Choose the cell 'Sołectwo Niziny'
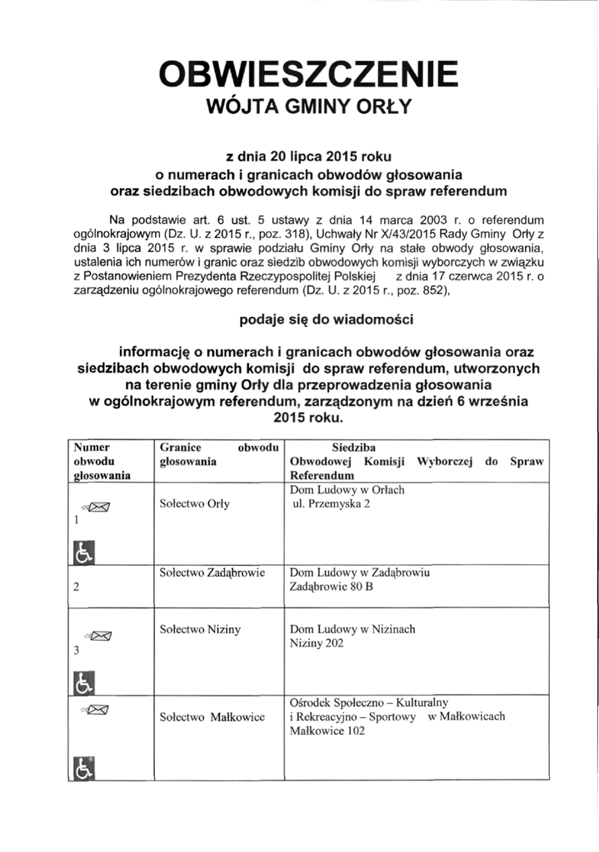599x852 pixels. pyautogui.click(x=199, y=630)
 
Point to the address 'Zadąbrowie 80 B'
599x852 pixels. pyautogui.click(x=331, y=587)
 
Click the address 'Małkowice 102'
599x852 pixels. pyautogui.click(x=327, y=732)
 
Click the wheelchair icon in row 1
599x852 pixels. pyautogui.click(x=84, y=552)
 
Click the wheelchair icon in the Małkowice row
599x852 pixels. pyautogui.click(x=84, y=769)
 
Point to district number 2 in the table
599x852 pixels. pyautogui.click(x=76, y=587)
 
